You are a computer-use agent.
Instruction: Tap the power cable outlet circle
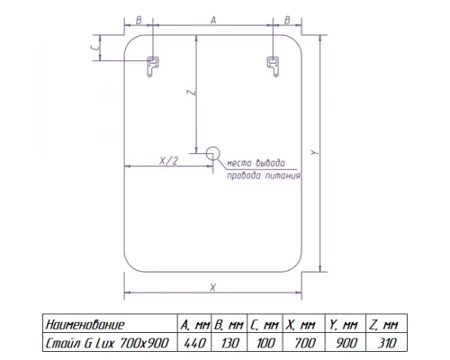coord(212,153)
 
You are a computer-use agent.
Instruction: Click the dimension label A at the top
coord(212,18)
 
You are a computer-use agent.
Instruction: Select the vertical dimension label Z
coord(187,93)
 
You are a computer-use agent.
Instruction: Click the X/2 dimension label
coord(166,159)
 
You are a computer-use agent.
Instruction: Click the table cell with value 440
coord(195,342)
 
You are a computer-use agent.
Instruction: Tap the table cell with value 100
coord(266,342)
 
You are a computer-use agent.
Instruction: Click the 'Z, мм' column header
coord(388,324)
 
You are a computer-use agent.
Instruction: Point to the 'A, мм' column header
coord(195,324)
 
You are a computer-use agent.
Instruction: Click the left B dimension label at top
coord(138,18)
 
